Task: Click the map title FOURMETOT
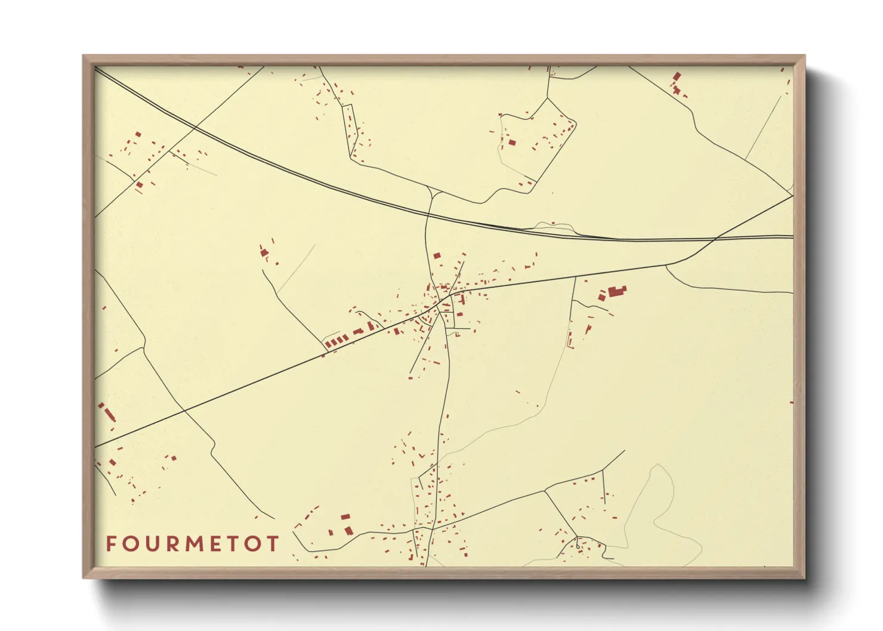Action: [x=192, y=543]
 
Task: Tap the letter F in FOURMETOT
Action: [x=111, y=543]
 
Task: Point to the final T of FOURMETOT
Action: [x=272, y=543]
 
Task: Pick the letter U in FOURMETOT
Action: [x=152, y=543]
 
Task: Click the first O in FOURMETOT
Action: [x=131, y=543]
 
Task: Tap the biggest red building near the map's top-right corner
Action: [x=677, y=77]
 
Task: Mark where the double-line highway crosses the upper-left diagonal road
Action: [x=195, y=127]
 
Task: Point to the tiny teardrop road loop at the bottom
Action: [x=578, y=545]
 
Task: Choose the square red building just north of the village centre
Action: [x=437, y=255]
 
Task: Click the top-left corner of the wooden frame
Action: [x=84, y=56]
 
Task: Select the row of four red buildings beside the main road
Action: [x=335, y=341]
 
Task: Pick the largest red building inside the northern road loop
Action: [x=512, y=143]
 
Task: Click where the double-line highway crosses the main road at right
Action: [x=716, y=239]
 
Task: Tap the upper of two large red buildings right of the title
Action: [x=345, y=517]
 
